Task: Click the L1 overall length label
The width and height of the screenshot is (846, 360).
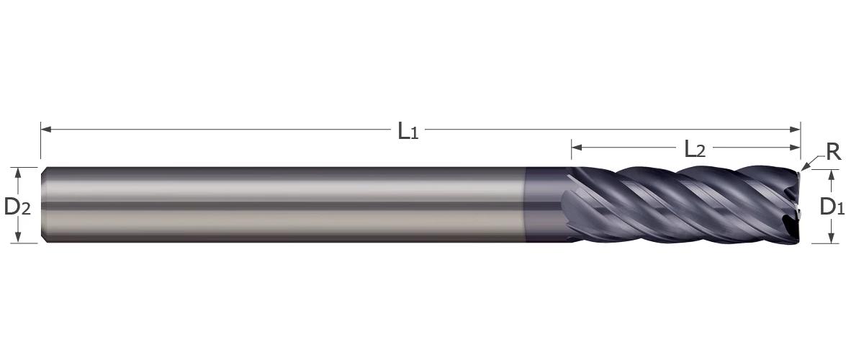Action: tap(408, 131)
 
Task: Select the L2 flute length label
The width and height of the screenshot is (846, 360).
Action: tap(694, 150)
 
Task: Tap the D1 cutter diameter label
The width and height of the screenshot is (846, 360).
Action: tap(832, 207)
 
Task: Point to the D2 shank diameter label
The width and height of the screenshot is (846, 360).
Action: tap(17, 207)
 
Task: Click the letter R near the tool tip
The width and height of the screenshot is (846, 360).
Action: tap(832, 153)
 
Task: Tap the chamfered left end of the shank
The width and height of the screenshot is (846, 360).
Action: tap(44, 205)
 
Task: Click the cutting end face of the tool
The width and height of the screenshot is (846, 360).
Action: tap(796, 205)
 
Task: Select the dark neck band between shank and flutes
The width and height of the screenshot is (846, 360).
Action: tap(544, 205)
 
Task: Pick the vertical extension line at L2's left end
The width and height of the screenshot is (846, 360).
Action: tap(571, 153)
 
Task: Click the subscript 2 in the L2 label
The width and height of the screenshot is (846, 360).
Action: tap(701, 153)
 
